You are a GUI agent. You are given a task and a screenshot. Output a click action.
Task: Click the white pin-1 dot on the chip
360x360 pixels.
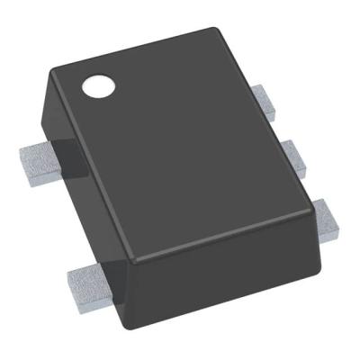pos(98,87)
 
